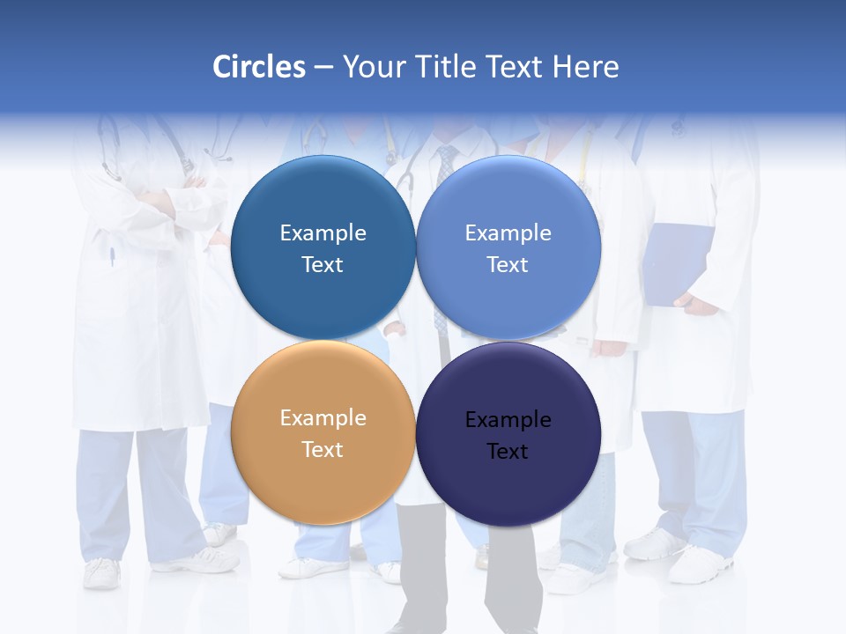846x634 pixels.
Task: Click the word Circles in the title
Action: pyautogui.click(x=258, y=67)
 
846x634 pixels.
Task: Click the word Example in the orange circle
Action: pyautogui.click(x=323, y=418)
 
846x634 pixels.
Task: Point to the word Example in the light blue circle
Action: pyautogui.click(x=508, y=233)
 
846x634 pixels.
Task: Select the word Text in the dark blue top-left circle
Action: pyautogui.click(x=323, y=265)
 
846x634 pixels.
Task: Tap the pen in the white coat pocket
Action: pyautogui.click(x=113, y=256)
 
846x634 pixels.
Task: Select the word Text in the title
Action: pyautogui.click(x=516, y=67)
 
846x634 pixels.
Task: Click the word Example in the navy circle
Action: pyautogui.click(x=508, y=420)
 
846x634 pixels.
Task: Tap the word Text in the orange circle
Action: pyautogui.click(x=323, y=450)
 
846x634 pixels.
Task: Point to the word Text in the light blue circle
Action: pyautogui.click(x=508, y=265)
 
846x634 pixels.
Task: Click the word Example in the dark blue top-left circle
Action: pyautogui.click(x=323, y=233)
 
